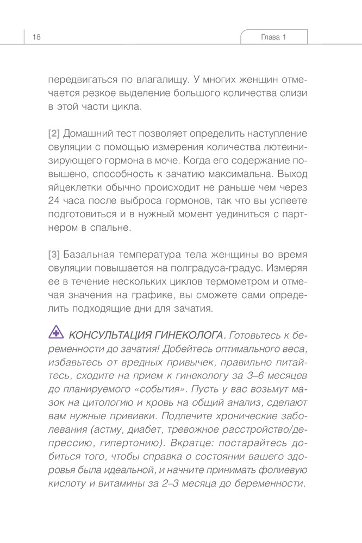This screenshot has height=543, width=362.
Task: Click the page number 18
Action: (36, 37)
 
